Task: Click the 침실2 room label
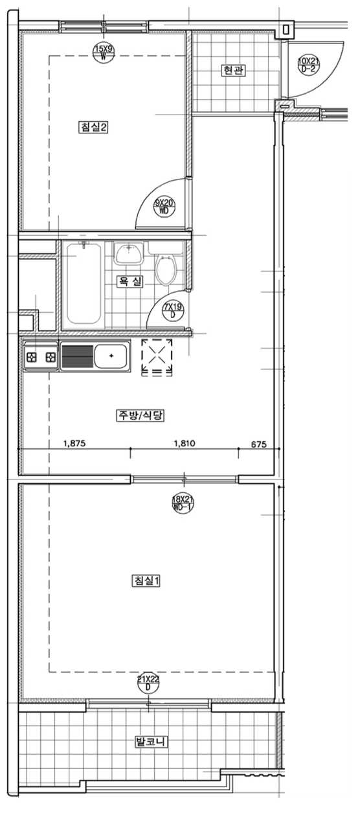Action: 93,127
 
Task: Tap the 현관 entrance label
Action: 232,70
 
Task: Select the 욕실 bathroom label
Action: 129,281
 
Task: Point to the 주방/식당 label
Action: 140,415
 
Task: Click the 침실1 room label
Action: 146,580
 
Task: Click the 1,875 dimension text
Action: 74,443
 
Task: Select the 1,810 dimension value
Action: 185,443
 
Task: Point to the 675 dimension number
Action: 258,444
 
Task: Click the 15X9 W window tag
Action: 104,52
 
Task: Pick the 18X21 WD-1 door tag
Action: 182,503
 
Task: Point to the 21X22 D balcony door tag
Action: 148,683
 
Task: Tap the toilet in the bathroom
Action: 166,269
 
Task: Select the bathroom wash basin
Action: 128,253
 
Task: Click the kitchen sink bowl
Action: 111,356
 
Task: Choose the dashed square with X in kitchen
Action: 157,357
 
